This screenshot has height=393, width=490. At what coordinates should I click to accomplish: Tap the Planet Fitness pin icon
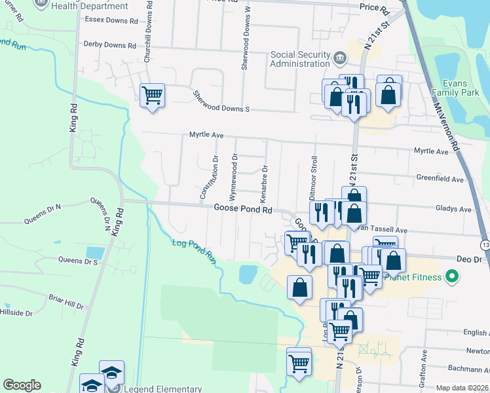pos(451,278)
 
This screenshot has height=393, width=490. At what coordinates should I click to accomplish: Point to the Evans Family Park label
pos(462,88)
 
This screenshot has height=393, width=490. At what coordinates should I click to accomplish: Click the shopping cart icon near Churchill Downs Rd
pos(153,96)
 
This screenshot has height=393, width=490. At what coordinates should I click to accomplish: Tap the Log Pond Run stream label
pos(194,251)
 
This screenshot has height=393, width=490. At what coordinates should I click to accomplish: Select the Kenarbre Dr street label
pos(265,181)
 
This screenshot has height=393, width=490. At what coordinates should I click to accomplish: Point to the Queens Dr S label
pos(78,261)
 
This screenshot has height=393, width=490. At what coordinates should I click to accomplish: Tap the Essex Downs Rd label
pos(109,20)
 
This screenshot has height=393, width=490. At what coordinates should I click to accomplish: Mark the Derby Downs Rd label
pos(109,45)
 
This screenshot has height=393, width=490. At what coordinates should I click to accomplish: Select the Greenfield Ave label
pos(440,179)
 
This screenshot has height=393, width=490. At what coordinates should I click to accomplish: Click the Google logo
pos(22,385)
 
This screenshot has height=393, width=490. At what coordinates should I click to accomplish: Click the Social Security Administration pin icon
pos(340,59)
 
